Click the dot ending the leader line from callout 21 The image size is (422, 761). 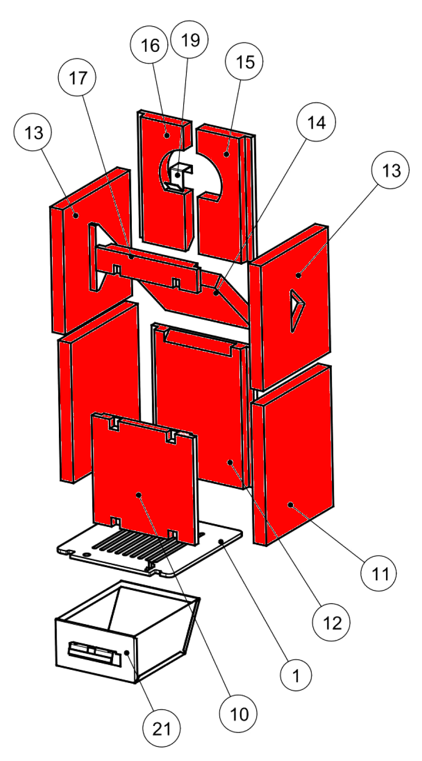tap(127, 653)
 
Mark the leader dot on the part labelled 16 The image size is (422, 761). tap(167, 135)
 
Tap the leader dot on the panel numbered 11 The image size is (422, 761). tap(291, 505)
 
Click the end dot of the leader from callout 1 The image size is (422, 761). tap(221, 541)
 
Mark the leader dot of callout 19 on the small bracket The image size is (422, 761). tap(178, 175)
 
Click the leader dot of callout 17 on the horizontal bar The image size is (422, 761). tap(131, 257)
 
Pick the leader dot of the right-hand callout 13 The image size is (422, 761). tap(298, 275)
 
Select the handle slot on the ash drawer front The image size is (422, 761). tap(94, 654)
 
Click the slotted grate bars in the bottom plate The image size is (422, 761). tap(139, 542)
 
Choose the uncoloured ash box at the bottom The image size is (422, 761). tap(128, 632)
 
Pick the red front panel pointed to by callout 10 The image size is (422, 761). tap(144, 479)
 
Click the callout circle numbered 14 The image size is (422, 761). tap(316, 122)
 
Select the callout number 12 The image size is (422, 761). tap(331, 622)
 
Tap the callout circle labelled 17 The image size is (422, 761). tap(78, 78)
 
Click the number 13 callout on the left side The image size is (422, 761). tap(33, 133)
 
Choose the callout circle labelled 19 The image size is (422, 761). tap(190, 39)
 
